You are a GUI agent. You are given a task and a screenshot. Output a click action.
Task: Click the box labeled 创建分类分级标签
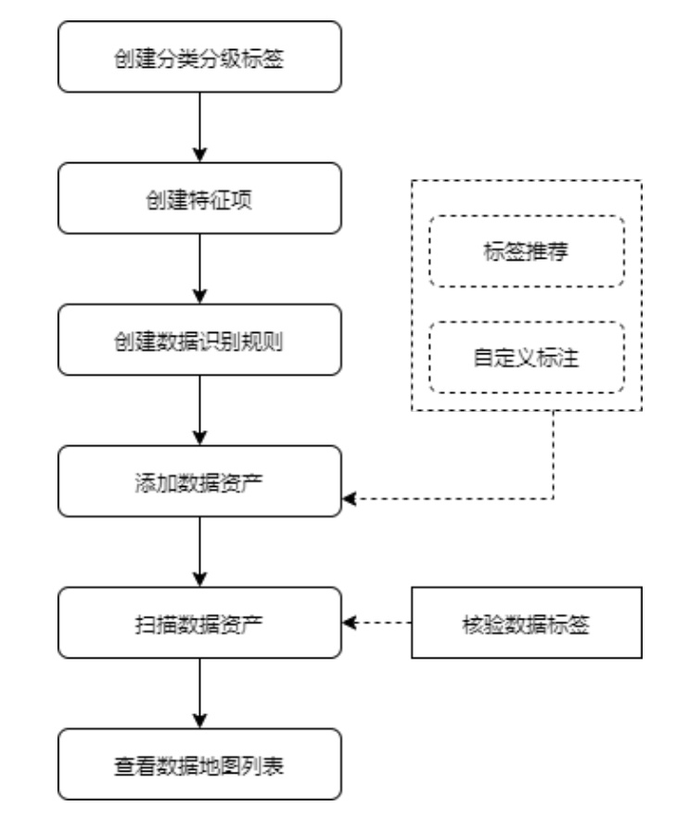[x=199, y=57]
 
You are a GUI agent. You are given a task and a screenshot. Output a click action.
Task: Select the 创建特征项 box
[x=199, y=198]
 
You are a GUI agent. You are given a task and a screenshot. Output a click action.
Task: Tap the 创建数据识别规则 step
[x=199, y=340]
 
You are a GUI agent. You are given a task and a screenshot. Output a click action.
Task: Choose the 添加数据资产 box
[x=199, y=481]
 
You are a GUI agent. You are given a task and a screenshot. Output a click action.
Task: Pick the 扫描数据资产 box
[x=199, y=622]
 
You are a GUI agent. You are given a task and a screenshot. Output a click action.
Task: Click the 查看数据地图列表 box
[x=199, y=764]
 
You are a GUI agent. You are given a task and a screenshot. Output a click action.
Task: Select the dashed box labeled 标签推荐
[x=527, y=251]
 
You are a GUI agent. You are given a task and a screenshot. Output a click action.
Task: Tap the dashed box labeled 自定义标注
[x=527, y=357]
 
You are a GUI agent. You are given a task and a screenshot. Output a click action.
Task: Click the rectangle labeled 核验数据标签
[x=527, y=622]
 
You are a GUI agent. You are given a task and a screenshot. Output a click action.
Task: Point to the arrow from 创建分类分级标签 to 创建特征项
[x=199, y=127]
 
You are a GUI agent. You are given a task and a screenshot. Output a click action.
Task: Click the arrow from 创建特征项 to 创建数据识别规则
[x=199, y=269]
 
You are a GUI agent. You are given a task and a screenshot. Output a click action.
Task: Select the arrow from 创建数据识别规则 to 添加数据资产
[x=199, y=411]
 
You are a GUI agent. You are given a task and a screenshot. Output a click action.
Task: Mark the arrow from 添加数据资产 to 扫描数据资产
[x=199, y=552]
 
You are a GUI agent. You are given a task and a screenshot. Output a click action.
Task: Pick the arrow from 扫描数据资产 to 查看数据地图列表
[x=199, y=694]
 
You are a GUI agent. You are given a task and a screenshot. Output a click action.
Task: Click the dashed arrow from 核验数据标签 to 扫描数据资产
[x=376, y=622]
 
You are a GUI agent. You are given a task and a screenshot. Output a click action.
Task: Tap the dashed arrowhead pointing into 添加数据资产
[x=349, y=499]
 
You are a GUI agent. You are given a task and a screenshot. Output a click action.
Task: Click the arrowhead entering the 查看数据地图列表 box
[x=199, y=722]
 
